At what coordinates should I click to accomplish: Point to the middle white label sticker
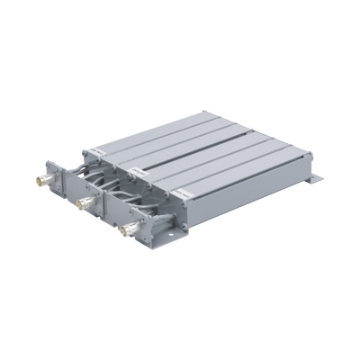click(135, 167)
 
